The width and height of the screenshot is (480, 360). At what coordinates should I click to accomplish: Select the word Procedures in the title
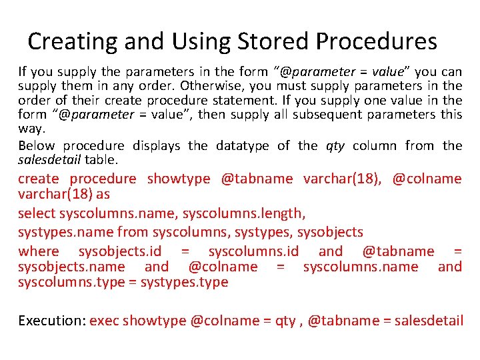click(x=377, y=41)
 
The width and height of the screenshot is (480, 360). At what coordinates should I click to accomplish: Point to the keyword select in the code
click(x=37, y=213)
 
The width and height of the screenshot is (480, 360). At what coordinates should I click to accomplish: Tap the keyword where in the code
click(x=38, y=251)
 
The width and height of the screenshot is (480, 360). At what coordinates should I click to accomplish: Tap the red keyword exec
click(x=104, y=321)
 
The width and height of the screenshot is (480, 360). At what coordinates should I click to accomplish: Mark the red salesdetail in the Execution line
click(x=429, y=321)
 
